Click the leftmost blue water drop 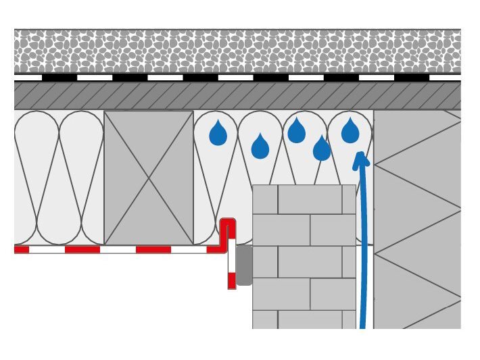coord(218,134)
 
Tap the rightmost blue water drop coord(350,132)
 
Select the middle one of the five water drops coord(297,132)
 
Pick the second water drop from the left coord(260,147)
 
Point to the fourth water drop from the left coord(322,149)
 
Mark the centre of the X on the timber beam coord(149,178)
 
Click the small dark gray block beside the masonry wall coord(244,265)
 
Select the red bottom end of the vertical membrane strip coord(232,280)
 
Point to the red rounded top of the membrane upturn coord(228,222)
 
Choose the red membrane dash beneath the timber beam coord(153,249)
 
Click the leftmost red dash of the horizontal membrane coord(21,249)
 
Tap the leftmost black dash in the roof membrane coord(59,78)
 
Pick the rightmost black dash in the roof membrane coord(411,78)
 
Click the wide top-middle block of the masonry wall coord(310,199)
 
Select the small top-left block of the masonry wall coord(265,199)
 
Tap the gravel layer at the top coord(237,51)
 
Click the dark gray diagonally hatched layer coord(237,96)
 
